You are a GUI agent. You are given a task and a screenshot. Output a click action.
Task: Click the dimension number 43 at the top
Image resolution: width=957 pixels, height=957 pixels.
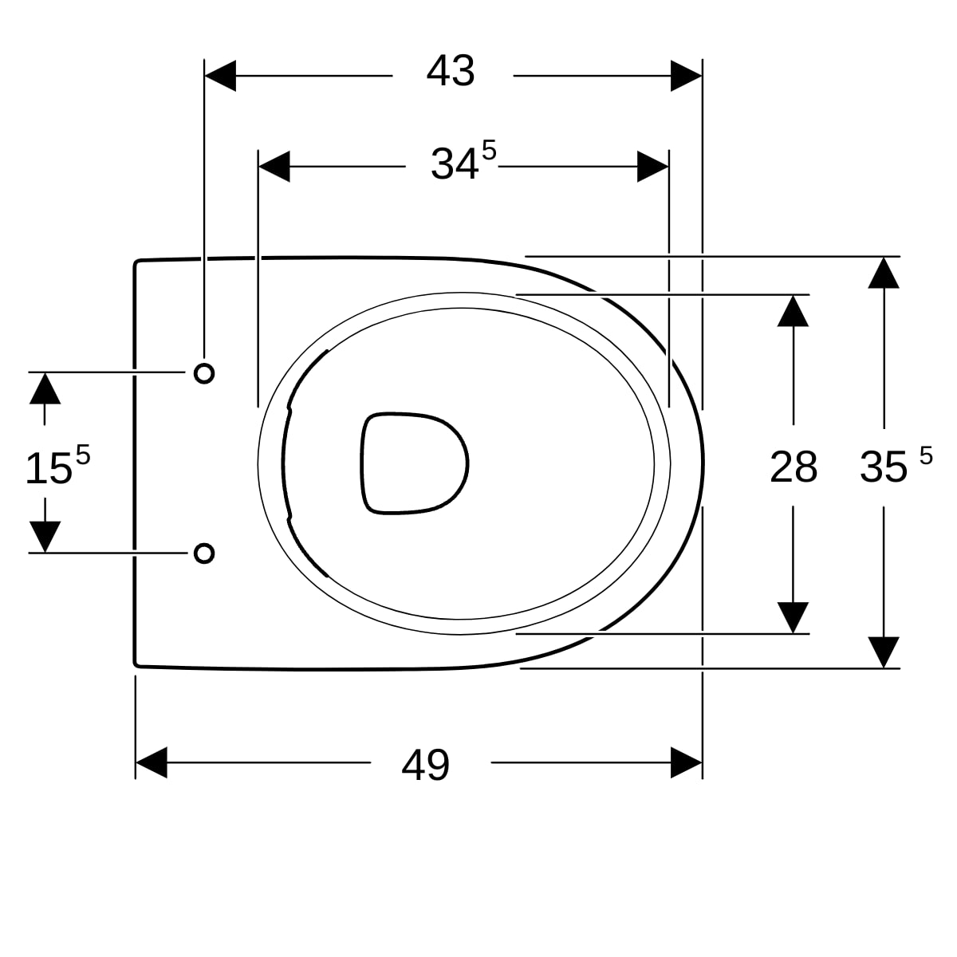coord(451,72)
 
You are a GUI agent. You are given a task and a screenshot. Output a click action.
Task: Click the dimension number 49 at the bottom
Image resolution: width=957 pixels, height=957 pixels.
coord(425,766)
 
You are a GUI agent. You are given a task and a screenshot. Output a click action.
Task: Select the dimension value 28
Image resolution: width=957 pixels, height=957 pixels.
coord(793,467)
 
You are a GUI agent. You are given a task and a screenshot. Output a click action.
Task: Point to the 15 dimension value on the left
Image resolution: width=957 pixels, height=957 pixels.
coord(49,468)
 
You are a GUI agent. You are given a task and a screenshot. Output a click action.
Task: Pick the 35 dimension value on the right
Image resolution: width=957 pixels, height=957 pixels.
coord(884,467)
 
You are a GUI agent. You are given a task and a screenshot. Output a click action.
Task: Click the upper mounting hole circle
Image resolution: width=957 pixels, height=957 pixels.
coord(204,372)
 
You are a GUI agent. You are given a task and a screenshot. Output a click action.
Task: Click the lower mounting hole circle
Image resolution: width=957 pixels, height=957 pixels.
coord(204,553)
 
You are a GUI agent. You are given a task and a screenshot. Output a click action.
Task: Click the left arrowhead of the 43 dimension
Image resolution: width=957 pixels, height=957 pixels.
coord(220,76)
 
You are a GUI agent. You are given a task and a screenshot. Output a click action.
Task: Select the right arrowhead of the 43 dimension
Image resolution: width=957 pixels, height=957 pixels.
coord(686,76)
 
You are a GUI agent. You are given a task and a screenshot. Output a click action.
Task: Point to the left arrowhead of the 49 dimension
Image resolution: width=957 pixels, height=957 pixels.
coord(152,762)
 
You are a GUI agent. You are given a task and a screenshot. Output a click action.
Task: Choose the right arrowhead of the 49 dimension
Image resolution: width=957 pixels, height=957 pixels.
coord(686,762)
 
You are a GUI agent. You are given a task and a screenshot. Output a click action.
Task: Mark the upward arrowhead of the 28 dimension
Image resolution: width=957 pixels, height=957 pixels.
coord(793,311)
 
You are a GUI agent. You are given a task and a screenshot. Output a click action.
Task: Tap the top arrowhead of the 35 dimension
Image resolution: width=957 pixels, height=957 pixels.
coord(884,272)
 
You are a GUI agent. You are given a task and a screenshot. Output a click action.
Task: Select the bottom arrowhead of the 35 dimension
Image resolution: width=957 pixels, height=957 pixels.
coord(884,652)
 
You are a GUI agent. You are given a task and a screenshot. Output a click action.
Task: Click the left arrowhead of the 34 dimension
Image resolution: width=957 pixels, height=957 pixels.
coord(274,167)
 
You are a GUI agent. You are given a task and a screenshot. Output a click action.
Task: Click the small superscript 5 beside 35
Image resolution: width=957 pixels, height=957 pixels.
coord(926,456)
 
